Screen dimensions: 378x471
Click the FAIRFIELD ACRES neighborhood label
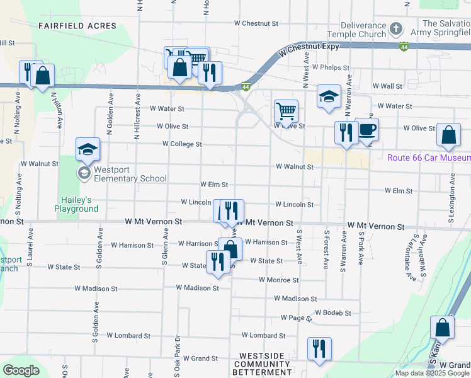coord(77,26)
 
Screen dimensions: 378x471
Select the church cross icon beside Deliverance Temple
coord(395,28)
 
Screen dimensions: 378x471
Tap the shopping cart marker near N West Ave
coord(286,112)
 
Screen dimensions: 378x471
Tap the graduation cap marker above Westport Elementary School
coord(88,149)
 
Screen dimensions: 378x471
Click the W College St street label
coord(182,144)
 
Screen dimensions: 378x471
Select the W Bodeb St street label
coord(333,312)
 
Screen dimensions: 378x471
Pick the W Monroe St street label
coord(278,280)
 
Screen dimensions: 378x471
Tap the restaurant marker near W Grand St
coord(319,349)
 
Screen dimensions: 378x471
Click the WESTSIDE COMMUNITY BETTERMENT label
coord(263,368)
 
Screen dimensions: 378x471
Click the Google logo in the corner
coord(21,370)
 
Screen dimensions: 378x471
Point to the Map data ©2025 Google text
coord(432,373)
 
